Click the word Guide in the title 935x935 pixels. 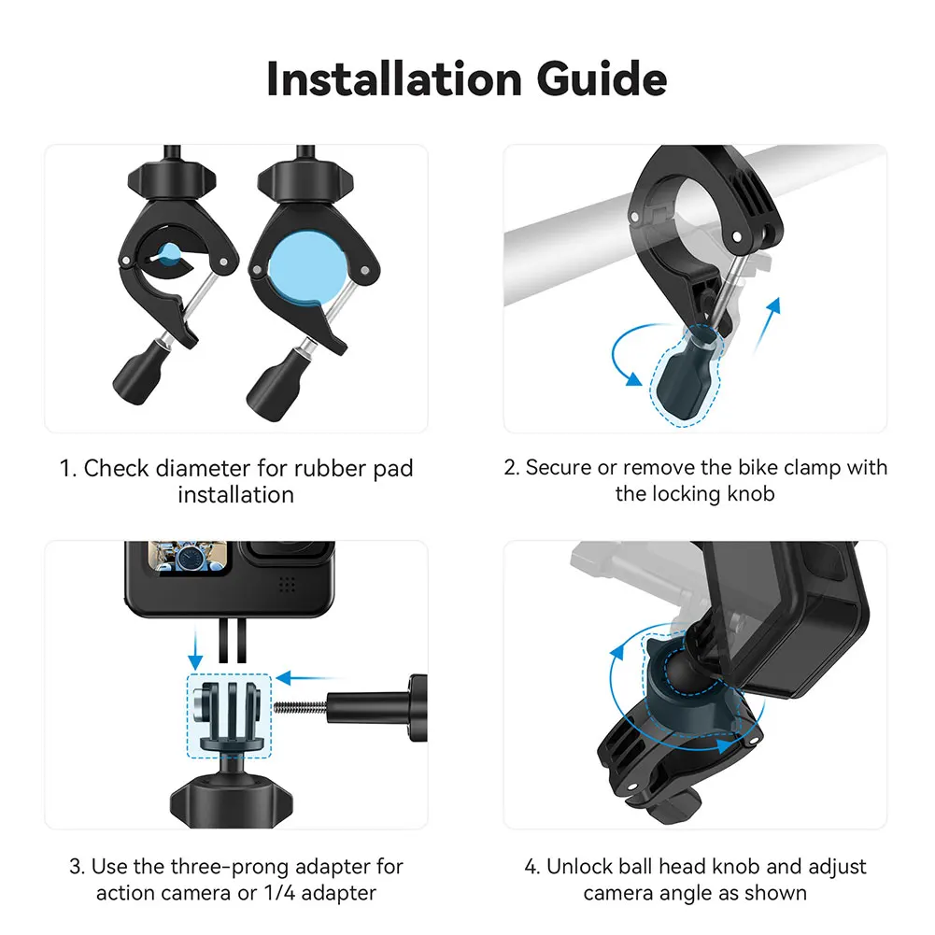tap(602, 79)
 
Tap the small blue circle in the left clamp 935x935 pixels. tap(169, 254)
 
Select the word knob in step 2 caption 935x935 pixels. tap(753, 493)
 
